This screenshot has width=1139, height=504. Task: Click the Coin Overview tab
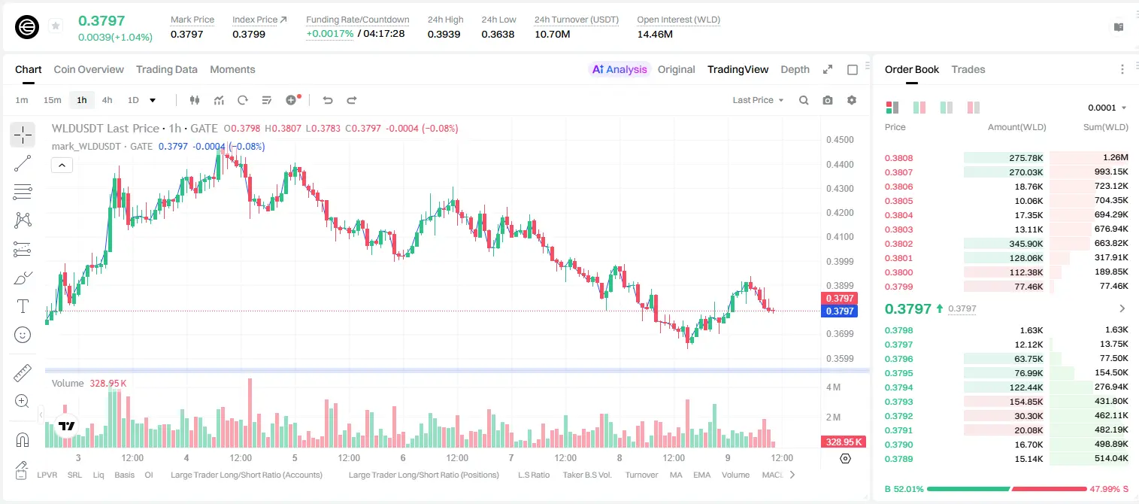click(89, 69)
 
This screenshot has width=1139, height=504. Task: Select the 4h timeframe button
click(107, 100)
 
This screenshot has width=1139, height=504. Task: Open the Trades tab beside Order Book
click(968, 69)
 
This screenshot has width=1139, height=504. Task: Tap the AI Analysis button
click(619, 69)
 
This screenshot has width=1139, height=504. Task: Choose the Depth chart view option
click(795, 69)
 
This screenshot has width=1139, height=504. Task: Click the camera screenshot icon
click(828, 100)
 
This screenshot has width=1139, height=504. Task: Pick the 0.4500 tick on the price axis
click(840, 140)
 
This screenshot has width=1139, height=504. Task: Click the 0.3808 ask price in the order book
click(898, 158)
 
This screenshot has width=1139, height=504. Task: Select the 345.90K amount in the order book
click(1025, 244)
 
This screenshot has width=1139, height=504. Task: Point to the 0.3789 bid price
click(898, 459)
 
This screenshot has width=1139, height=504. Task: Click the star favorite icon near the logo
click(56, 26)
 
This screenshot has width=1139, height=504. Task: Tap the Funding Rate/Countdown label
click(357, 20)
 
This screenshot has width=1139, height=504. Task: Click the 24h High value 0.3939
click(444, 34)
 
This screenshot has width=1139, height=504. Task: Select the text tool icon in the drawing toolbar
click(23, 306)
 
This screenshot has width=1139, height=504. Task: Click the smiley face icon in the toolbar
click(23, 335)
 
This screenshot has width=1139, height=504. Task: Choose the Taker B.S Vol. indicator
click(586, 475)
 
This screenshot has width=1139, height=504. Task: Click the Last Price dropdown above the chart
click(758, 100)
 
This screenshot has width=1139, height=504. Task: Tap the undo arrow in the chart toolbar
click(328, 100)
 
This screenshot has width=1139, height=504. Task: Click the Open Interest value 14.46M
click(655, 34)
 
